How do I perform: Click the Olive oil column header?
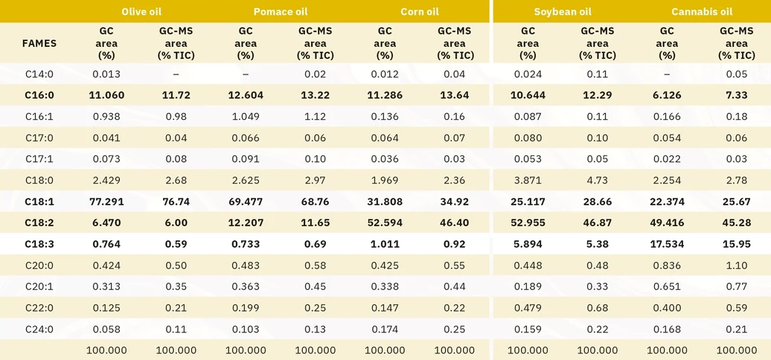pos(141,12)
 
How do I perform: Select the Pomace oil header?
pos(280,12)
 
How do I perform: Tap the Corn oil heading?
pos(419,12)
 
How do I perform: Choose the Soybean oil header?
pos(563,12)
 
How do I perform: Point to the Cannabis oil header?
pos(702,12)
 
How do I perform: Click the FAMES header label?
pos(39,43)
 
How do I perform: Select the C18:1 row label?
pos(39,202)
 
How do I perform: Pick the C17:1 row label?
pos(39,159)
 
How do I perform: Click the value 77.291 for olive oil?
pos(107,202)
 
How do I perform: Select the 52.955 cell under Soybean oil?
pos(528,223)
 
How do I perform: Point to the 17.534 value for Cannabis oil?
pos(667,244)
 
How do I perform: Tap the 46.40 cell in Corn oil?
pos(454,223)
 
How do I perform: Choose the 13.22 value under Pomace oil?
pos(316,95)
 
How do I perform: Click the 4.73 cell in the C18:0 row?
pos(598,180)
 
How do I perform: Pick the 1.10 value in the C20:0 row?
pos(736,266)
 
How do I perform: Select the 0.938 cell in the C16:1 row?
pos(107,117)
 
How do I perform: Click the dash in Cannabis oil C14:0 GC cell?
pos(667,74)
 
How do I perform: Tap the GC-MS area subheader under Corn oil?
pos(454,43)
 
